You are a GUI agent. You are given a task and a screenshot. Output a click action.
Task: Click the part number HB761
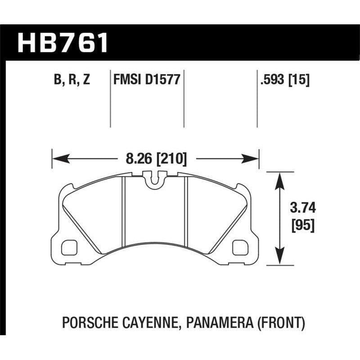click(63, 42)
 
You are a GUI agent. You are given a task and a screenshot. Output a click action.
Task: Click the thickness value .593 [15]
click(284, 81)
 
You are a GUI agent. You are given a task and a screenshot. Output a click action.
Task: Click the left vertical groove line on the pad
click(123, 211)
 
